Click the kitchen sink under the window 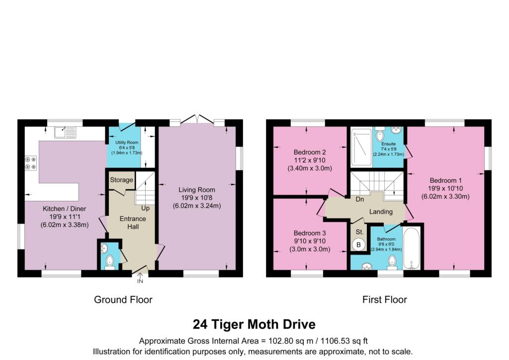(x=66, y=132)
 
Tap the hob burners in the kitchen (x=30, y=163)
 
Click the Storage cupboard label (x=121, y=180)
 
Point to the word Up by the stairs (x=145, y=208)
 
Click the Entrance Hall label (x=133, y=222)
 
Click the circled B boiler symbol (x=357, y=245)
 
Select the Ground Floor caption (x=123, y=299)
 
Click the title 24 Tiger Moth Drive (x=254, y=325)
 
